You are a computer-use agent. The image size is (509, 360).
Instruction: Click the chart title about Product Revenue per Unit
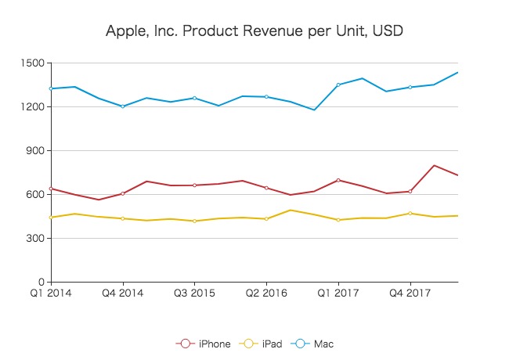point(254,32)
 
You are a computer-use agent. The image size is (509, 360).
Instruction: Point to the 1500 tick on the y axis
point(34,63)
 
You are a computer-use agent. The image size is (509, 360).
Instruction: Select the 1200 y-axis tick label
point(34,106)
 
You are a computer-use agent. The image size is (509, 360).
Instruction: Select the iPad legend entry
point(262,344)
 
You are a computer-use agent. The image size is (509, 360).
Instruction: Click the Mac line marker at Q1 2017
point(338,85)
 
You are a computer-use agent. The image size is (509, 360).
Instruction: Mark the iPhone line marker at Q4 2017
point(410,191)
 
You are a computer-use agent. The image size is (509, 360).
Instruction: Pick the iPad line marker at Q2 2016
point(266,218)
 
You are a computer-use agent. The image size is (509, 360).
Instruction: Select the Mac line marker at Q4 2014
point(122,106)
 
